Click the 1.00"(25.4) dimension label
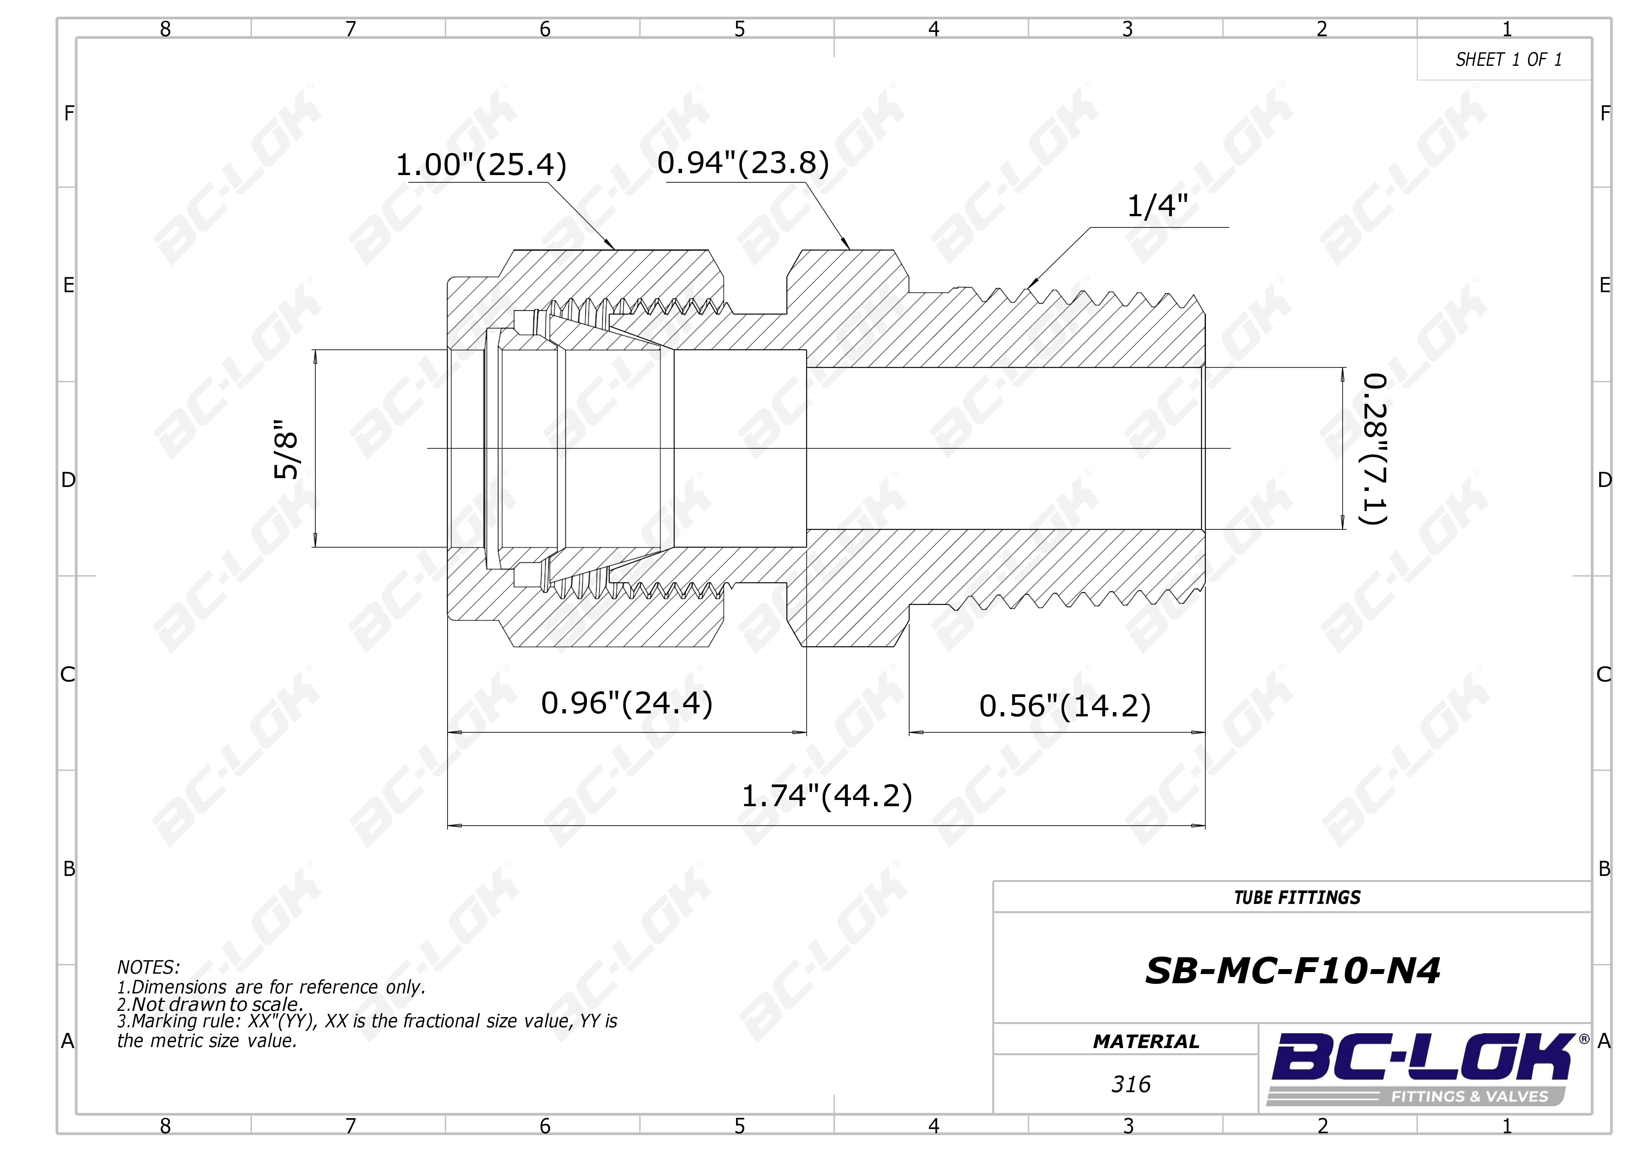click(x=481, y=165)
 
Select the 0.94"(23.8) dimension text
click(x=743, y=163)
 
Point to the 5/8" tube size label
click(x=287, y=449)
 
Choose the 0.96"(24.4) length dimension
click(x=626, y=704)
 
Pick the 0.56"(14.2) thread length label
click(x=1065, y=706)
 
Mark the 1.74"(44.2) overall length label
click(x=827, y=796)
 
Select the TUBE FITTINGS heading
click(x=1297, y=898)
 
